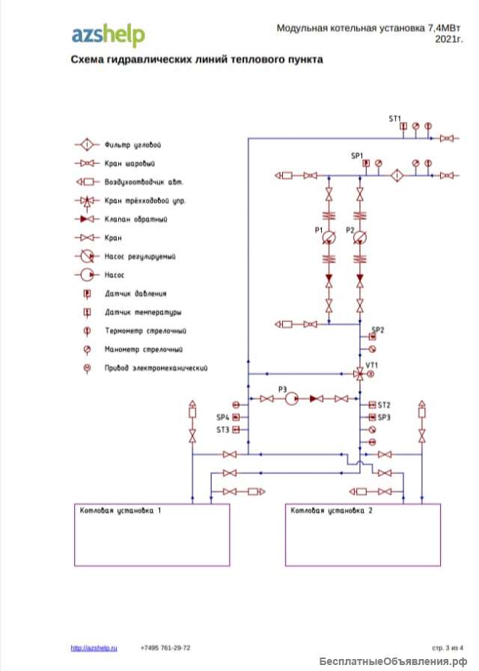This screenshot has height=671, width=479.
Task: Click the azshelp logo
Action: point(108,34)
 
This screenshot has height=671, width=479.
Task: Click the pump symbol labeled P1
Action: point(329,237)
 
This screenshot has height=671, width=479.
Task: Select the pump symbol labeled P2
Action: point(360,237)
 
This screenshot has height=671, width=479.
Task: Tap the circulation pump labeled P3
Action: point(291,399)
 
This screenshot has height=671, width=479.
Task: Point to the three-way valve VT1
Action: point(360,373)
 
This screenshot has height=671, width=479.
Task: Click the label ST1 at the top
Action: point(395,118)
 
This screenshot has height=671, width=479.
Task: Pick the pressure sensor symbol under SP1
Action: point(366,163)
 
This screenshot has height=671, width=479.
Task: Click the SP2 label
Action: point(378,330)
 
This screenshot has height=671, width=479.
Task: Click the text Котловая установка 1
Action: point(120,511)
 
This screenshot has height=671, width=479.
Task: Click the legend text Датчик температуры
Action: point(143,312)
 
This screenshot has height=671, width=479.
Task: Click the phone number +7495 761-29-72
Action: point(165,648)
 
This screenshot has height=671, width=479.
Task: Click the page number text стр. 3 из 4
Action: point(448,648)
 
